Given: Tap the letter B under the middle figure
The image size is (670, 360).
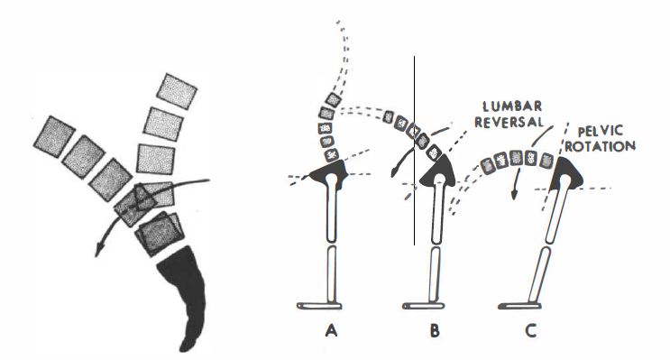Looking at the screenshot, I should point(436,331).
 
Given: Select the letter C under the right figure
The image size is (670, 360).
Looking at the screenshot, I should point(531,331).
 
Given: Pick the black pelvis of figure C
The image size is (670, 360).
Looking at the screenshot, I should point(568,171).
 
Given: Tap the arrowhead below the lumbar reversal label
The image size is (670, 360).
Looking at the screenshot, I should point(512,191).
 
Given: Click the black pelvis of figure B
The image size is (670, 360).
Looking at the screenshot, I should point(438,164).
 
